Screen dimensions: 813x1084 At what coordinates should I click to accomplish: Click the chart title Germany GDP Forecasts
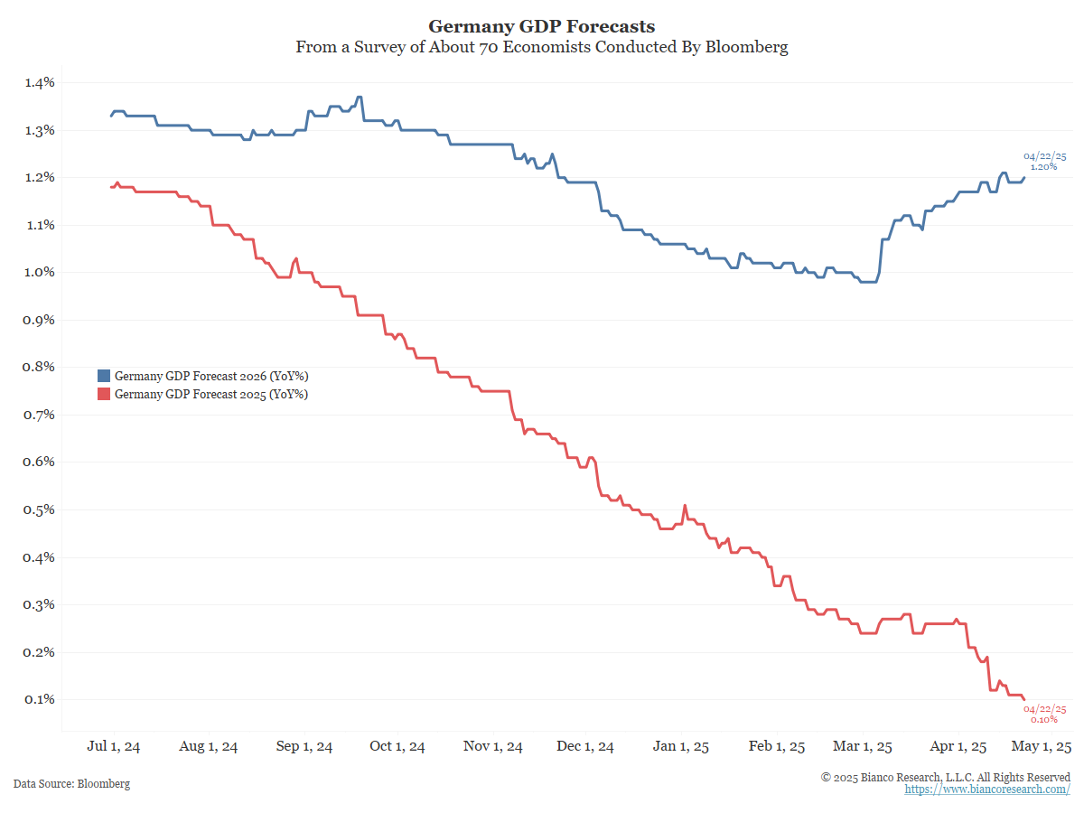pyautogui.click(x=542, y=26)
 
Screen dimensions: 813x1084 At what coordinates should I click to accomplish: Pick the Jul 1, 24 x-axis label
pyautogui.click(x=114, y=747)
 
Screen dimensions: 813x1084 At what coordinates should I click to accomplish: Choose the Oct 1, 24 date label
pyautogui.click(x=397, y=747)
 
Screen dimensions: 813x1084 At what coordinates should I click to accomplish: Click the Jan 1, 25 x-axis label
pyautogui.click(x=681, y=747)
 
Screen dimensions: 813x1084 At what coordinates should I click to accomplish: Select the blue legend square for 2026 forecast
pyautogui.click(x=104, y=376)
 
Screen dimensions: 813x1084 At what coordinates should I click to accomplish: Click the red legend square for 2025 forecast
pyautogui.click(x=104, y=394)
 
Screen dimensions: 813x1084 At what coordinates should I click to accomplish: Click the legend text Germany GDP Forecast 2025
pyautogui.click(x=211, y=394)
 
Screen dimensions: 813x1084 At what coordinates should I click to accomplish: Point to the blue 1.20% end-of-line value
pyautogui.click(x=1043, y=167)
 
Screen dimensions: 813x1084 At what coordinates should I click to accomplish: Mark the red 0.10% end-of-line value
pyautogui.click(x=1043, y=719)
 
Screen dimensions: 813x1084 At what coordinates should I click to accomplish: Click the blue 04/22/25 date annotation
pyautogui.click(x=1044, y=156)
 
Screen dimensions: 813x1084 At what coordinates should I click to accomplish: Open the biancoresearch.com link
pyautogui.click(x=987, y=790)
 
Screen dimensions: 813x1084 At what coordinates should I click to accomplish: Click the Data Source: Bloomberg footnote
pyautogui.click(x=71, y=784)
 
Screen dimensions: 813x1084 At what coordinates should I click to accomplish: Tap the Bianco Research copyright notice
pyautogui.click(x=946, y=777)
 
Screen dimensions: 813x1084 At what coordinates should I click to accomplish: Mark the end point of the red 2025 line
pyautogui.click(x=1024, y=699)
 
